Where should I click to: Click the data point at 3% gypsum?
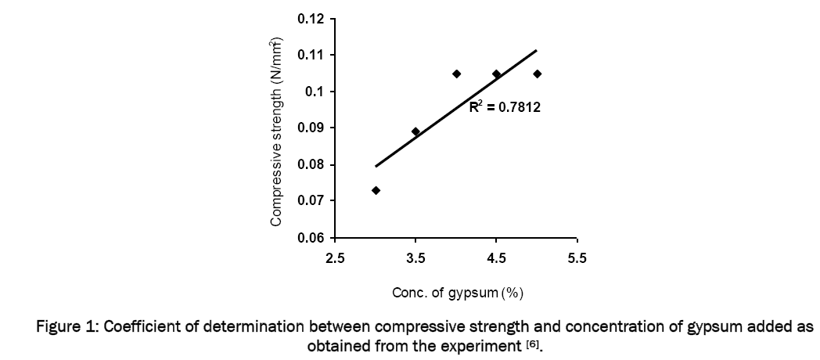pyautogui.click(x=376, y=190)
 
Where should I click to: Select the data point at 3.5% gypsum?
pyautogui.click(x=415, y=131)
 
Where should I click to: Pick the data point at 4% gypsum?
pyautogui.click(x=457, y=74)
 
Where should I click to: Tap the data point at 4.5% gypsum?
pyautogui.click(x=496, y=74)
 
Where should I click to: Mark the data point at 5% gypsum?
pyautogui.click(x=537, y=74)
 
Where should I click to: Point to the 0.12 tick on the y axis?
pyautogui.click(x=312, y=19)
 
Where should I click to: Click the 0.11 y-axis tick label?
pyautogui.click(x=312, y=55)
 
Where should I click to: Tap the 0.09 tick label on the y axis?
pyautogui.click(x=312, y=128)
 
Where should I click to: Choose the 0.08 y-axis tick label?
pyautogui.click(x=312, y=164)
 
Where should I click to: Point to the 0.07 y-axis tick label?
pyautogui.click(x=312, y=201)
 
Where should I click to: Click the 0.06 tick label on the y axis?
pyautogui.click(x=312, y=238)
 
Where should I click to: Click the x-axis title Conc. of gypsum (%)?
pyautogui.click(x=457, y=293)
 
